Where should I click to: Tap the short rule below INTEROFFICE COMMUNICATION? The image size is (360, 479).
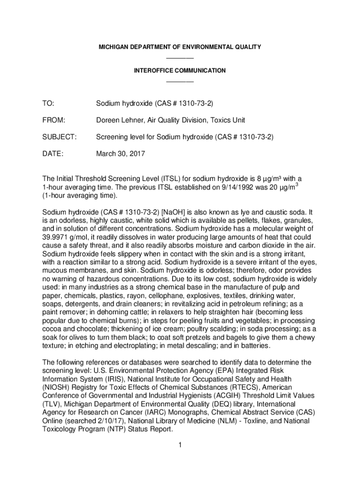coord(180,81)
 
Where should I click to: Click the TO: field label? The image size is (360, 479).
coord(48,102)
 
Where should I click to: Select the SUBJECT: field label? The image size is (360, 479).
coord(59,137)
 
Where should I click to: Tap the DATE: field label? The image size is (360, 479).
coord(53,154)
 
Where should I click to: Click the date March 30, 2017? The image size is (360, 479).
coord(121,154)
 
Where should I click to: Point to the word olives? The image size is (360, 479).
coord(68,337)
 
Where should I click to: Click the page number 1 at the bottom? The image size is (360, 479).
coord(180,444)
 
